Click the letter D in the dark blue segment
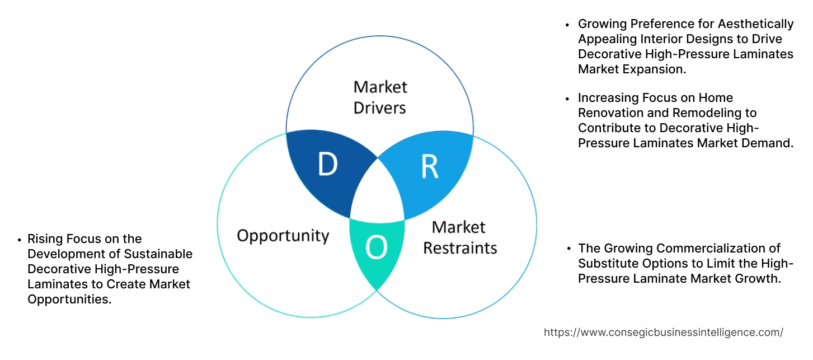[x=327, y=165]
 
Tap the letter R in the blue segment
[x=429, y=166]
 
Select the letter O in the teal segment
[x=376, y=249]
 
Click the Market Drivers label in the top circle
[x=380, y=97]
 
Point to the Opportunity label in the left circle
[x=283, y=236]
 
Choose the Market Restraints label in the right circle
[x=459, y=237]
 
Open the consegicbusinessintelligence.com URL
[x=663, y=332]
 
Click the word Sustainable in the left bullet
[x=158, y=254]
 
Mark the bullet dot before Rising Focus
[x=20, y=240]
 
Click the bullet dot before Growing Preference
[x=569, y=25]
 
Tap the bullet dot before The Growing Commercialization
[x=569, y=249]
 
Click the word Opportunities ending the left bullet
[x=69, y=300]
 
